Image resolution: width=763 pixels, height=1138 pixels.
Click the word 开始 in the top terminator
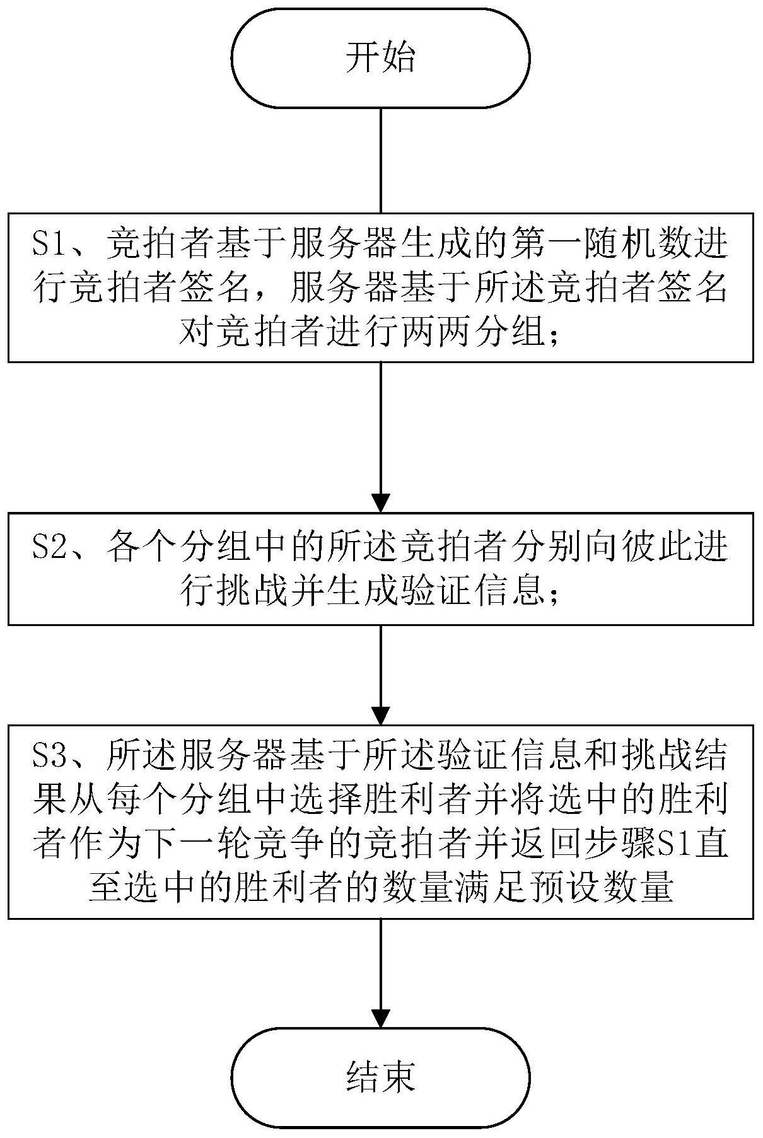tap(381, 58)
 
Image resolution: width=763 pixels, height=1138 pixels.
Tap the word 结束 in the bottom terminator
tap(381, 1077)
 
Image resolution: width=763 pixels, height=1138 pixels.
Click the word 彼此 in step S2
tap(653, 543)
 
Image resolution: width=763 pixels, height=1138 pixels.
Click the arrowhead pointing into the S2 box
tap(381, 502)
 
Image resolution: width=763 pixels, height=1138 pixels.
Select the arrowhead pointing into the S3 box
tap(381, 715)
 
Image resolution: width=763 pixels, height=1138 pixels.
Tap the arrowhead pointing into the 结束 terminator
tap(381, 1018)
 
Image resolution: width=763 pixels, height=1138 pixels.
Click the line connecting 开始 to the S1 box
tap(381, 160)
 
